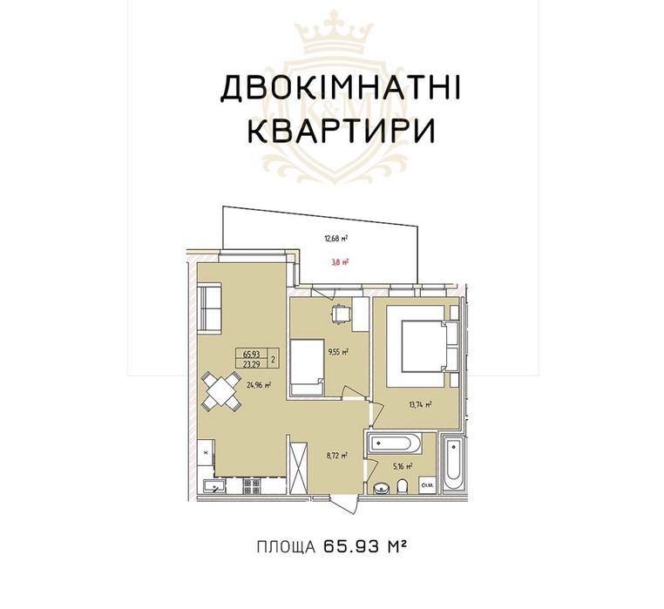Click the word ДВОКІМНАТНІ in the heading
click(x=341, y=90)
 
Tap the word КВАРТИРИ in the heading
click(x=341, y=131)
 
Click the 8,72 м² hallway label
click(x=338, y=455)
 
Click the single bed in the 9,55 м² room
click(x=305, y=367)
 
